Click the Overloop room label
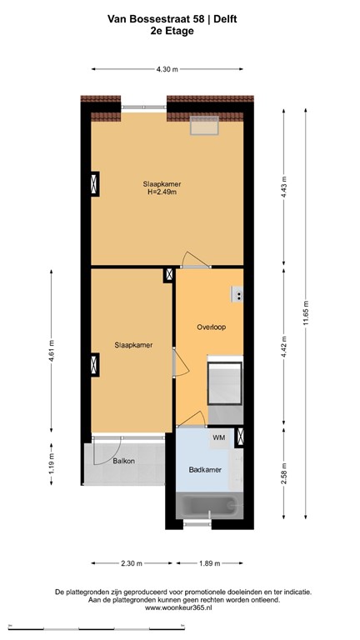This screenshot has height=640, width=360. point(212,327)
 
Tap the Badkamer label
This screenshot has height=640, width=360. point(205,470)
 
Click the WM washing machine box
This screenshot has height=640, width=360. point(219,437)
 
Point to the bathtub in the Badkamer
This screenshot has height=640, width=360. point(211,506)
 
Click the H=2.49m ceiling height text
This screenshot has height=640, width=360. point(162,193)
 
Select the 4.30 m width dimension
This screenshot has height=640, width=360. point(167,69)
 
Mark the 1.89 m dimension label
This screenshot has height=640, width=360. point(208,563)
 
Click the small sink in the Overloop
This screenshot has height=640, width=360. point(238,293)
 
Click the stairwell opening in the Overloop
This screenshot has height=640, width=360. point(224,382)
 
